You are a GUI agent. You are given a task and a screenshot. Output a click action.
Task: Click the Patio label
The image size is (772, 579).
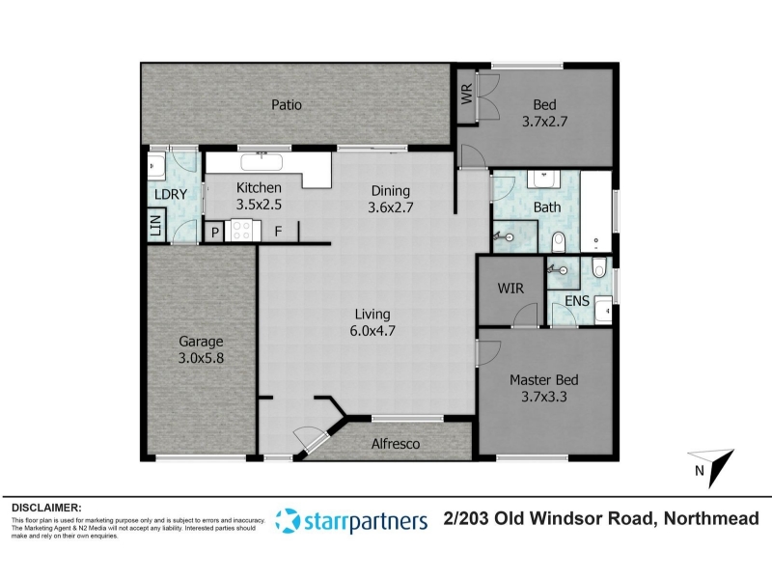point(287,105)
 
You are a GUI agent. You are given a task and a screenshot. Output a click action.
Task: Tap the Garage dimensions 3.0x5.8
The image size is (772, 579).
point(201,358)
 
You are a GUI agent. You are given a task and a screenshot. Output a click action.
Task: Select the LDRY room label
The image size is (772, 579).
point(171,195)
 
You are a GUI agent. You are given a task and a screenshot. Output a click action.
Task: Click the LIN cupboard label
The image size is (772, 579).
point(155,225)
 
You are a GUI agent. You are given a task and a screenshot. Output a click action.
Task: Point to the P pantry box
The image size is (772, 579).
point(214,232)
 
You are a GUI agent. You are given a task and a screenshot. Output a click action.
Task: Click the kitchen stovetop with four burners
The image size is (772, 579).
point(242,231)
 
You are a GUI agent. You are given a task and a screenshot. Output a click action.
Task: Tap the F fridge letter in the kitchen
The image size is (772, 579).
point(278,232)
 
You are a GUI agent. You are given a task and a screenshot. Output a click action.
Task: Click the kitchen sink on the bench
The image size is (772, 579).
point(262,162)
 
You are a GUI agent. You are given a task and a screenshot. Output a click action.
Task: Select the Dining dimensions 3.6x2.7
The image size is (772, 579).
point(391,207)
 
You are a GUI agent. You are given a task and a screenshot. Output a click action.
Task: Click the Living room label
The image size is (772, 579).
point(372,315)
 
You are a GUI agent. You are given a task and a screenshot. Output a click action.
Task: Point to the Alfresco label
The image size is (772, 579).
point(396,444)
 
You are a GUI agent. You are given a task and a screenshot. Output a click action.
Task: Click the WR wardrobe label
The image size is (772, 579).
point(467,94)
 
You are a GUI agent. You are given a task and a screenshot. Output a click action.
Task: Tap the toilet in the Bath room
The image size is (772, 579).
point(559,242)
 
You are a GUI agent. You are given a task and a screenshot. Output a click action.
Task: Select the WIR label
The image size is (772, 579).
point(510,288)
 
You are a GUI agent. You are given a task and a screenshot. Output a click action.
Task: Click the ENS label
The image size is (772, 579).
point(576,301)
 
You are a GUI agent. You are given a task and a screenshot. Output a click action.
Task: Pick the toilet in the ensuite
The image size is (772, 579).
point(598,268)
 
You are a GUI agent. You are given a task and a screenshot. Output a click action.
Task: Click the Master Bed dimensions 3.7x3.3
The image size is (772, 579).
point(544,397)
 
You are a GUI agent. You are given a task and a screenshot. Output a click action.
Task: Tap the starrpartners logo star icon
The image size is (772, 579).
point(287,520)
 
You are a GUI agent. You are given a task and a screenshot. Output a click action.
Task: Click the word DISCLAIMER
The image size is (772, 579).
point(46,509)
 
